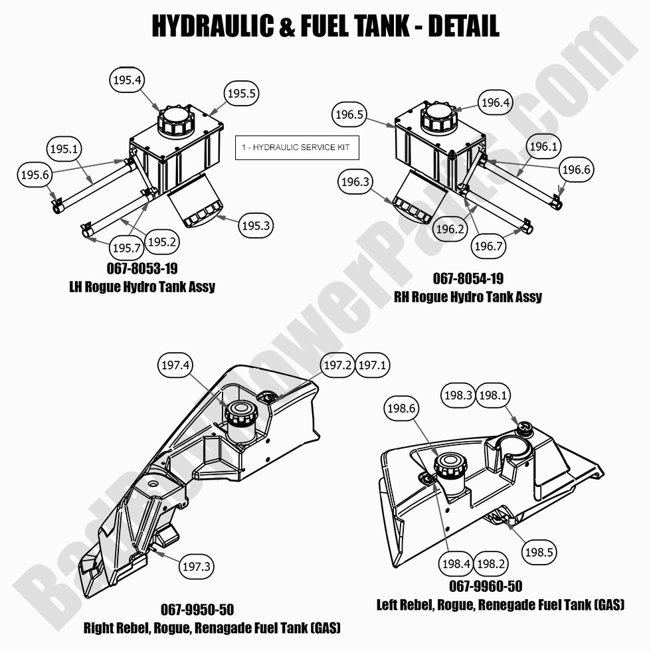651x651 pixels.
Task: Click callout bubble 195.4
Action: point(127,80)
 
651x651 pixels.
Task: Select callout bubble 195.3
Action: point(256,226)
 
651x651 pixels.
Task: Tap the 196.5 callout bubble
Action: point(349,114)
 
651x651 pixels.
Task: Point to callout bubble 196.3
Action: point(355,182)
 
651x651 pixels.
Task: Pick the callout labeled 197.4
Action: point(175,365)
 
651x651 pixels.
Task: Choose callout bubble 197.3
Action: point(197,566)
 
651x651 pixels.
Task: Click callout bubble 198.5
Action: point(539,552)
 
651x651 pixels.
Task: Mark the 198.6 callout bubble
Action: point(401,409)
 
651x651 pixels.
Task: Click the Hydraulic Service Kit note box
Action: point(297,147)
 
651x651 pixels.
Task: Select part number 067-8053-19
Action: point(142,268)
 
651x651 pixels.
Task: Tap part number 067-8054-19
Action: point(468,278)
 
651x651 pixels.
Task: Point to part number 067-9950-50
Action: point(197,610)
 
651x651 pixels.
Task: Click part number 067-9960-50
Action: point(486,586)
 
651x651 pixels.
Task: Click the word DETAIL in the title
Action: point(464,26)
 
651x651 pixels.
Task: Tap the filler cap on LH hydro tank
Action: point(176,121)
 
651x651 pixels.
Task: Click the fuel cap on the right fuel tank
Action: point(240,412)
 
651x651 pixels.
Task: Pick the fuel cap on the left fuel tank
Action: point(450,464)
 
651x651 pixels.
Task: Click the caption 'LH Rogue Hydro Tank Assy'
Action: point(142,287)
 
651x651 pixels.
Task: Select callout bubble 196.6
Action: point(576,170)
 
